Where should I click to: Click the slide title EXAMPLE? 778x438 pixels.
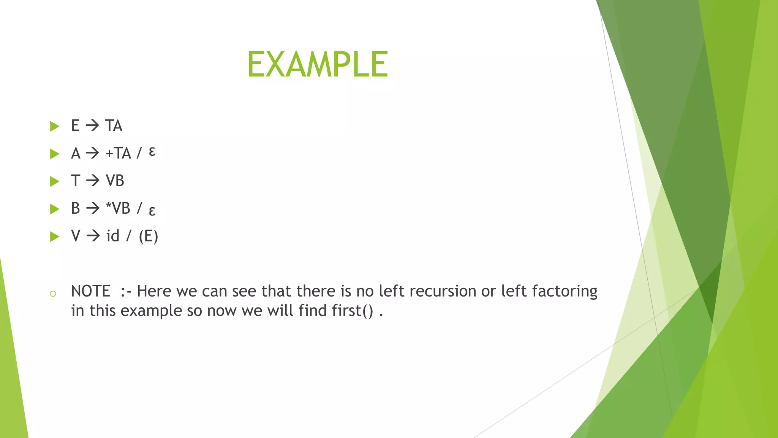coord(318,65)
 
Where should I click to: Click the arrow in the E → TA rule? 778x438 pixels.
coord(92,125)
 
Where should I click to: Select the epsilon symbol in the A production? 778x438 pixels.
coord(152,152)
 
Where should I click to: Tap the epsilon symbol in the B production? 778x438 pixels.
coord(152,211)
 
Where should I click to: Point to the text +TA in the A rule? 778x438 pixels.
coord(118,153)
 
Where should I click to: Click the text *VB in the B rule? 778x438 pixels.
coord(118,208)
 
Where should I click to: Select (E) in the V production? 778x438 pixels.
coord(148,236)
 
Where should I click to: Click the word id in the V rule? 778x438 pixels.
coord(113,236)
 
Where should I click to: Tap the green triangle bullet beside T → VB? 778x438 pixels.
coord(55,181)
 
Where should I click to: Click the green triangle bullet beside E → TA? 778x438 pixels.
coord(55,126)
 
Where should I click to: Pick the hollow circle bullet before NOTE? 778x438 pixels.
coord(53,294)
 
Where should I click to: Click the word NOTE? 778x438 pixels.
coord(90,291)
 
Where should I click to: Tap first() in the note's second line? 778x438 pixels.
coord(352,311)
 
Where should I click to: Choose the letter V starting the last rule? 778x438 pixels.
coord(76,236)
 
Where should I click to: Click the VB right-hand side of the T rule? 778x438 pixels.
coord(115,181)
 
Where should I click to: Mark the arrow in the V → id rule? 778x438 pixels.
coord(93,236)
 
